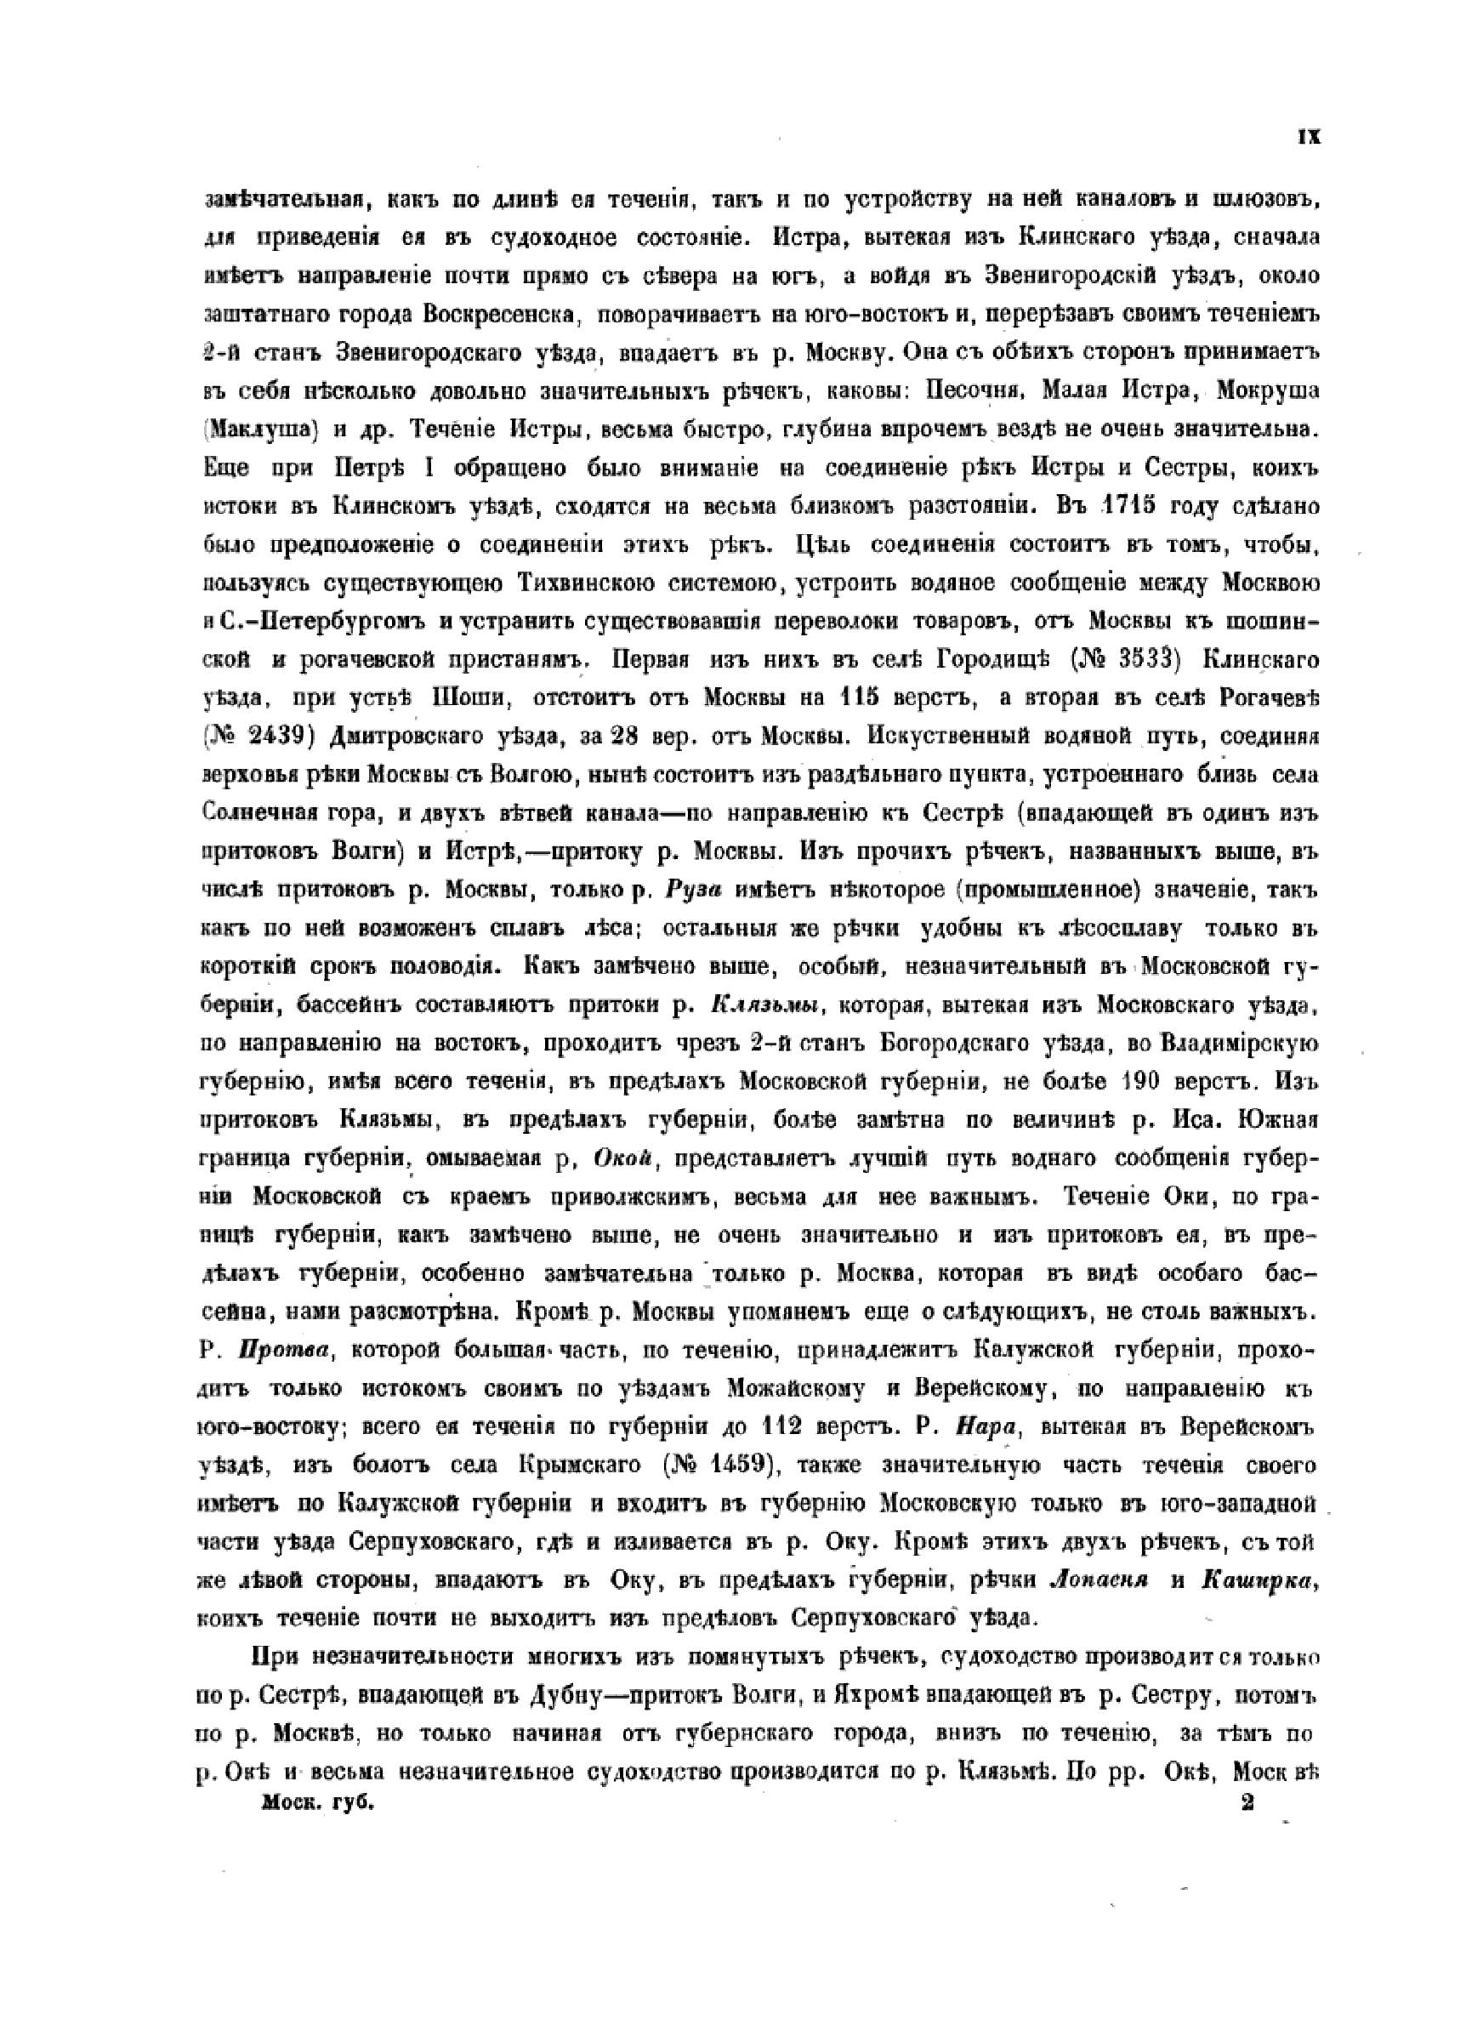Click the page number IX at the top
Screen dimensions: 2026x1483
(1308, 137)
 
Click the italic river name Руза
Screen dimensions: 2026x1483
(698, 891)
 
